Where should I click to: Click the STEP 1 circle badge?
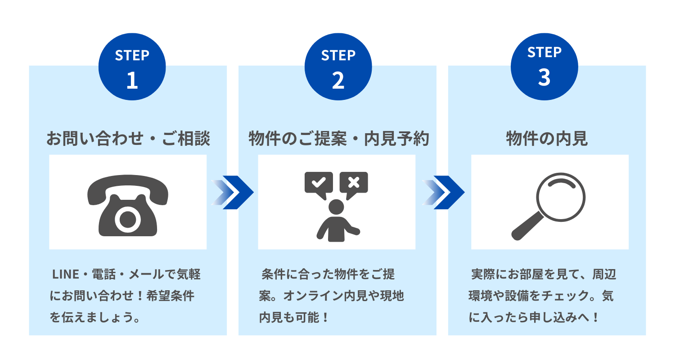pos(132,67)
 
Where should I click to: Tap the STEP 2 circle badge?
pos(338,67)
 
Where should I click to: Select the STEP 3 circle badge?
pos(544,67)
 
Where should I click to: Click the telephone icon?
pos(128,206)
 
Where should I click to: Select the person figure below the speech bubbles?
pos(337,220)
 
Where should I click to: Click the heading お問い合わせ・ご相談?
pos(128,139)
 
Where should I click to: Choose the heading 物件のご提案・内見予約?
pos(339,139)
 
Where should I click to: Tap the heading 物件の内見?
pos(547,139)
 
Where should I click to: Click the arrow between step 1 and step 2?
pos(232,192)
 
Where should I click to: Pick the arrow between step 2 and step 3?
pos(443,192)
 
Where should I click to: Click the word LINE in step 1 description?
pos(66,274)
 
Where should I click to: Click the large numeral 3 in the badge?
pos(544,77)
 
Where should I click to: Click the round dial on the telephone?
pos(128,220)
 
